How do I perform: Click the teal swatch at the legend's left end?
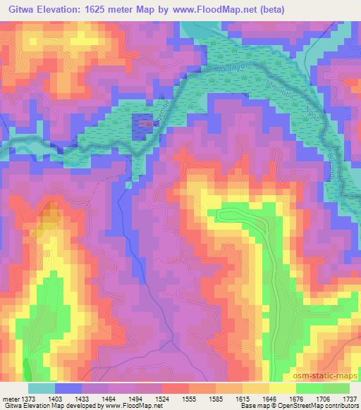pyautogui.click(x=42, y=388)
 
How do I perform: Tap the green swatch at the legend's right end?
pyautogui.click(x=337, y=388)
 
